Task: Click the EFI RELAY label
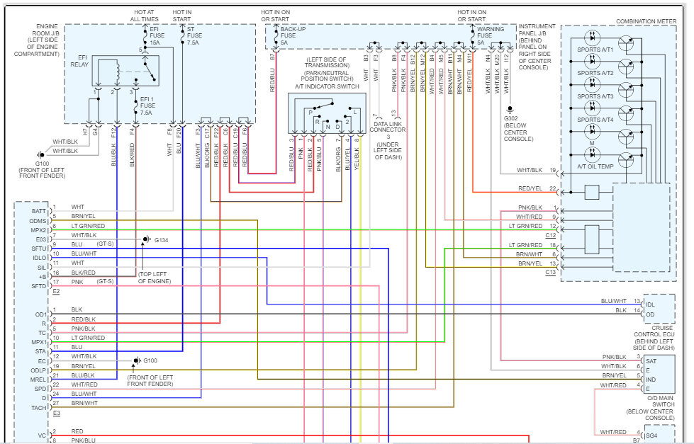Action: click(79, 61)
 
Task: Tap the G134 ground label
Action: click(162, 240)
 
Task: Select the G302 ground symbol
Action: click(510, 109)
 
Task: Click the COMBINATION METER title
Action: click(647, 21)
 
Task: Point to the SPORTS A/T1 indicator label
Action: click(595, 50)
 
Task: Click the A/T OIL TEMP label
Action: click(595, 166)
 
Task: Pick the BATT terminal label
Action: click(39, 212)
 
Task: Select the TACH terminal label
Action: click(39, 408)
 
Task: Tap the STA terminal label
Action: click(40, 351)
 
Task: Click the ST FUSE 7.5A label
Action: click(194, 36)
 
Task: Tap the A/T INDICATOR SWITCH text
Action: click(327, 86)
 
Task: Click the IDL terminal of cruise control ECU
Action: click(650, 304)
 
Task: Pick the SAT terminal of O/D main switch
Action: click(651, 361)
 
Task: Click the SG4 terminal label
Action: click(651, 436)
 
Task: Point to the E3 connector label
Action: click(56, 413)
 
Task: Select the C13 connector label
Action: click(550, 273)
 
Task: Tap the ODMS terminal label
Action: click(38, 221)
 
